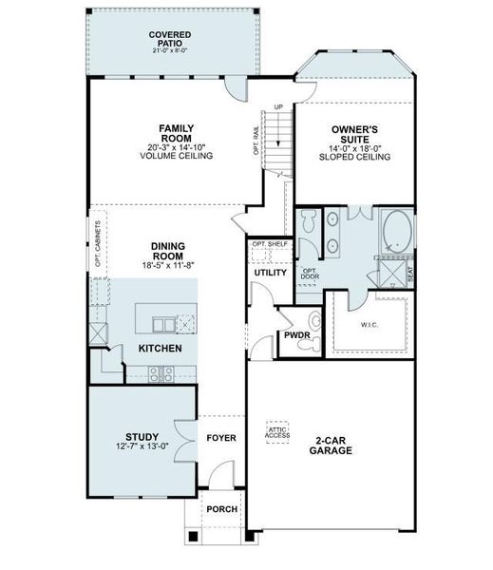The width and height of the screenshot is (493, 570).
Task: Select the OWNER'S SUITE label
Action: tap(356, 134)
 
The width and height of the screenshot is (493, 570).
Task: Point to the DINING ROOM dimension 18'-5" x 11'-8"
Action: tap(167, 266)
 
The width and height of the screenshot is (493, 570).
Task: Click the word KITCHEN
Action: tap(160, 349)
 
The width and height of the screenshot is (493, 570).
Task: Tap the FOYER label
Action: tap(221, 438)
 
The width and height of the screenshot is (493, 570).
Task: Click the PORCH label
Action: tap(222, 508)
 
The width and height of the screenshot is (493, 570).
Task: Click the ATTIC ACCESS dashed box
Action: tap(278, 433)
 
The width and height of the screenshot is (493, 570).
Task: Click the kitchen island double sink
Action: tap(163, 324)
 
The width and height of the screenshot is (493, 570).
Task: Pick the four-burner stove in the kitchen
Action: tap(161, 372)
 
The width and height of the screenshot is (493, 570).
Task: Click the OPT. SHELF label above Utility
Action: tap(269, 244)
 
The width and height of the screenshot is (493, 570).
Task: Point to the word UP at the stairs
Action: tap(278, 106)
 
